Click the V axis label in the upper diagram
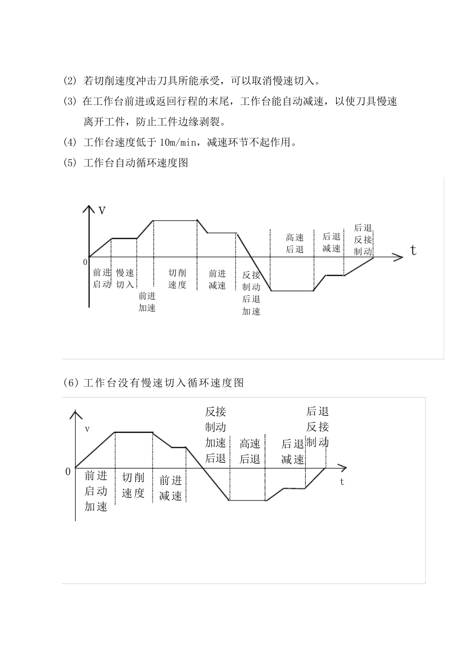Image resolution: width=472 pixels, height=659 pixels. (x=102, y=211)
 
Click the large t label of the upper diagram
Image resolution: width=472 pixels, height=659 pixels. (x=413, y=250)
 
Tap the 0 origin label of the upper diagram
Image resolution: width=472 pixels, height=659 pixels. (x=85, y=262)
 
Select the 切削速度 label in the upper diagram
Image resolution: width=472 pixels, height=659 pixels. (x=177, y=279)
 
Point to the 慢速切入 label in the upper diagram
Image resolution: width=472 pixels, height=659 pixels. (x=125, y=279)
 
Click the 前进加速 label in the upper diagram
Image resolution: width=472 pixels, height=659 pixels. (x=147, y=302)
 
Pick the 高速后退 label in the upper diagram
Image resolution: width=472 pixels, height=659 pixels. (x=295, y=243)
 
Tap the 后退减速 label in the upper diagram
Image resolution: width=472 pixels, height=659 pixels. (x=331, y=243)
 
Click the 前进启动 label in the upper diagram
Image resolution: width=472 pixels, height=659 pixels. (x=102, y=279)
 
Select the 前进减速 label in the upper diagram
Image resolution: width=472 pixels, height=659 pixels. (x=217, y=279)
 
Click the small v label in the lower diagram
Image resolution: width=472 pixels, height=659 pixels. (x=87, y=428)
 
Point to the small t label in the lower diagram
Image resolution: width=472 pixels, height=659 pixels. (x=342, y=482)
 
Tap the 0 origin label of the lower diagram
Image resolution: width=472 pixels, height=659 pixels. (x=68, y=472)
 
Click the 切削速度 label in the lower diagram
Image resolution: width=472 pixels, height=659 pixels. (x=133, y=485)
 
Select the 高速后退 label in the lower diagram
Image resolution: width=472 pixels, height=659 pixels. (x=250, y=451)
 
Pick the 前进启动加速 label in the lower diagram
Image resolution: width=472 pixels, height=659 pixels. (x=96, y=491)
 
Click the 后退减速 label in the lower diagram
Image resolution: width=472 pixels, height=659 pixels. (x=293, y=452)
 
